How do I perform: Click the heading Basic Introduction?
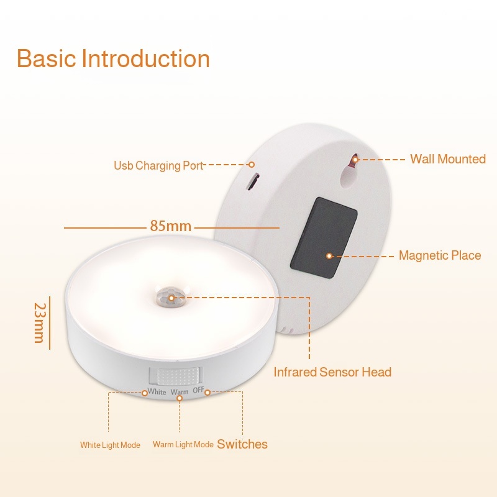click(113, 59)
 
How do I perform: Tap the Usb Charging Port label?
click(158, 166)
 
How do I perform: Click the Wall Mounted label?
click(447, 159)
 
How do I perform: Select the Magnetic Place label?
click(440, 255)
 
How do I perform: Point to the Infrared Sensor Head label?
click(332, 372)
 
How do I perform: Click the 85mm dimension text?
click(170, 226)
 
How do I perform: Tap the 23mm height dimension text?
click(40, 322)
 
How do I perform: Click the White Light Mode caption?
click(110, 445)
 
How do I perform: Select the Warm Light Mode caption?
click(183, 444)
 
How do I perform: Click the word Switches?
click(242, 444)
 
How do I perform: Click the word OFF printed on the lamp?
click(198, 390)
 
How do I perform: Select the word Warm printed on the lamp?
click(180, 392)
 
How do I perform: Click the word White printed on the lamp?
click(157, 392)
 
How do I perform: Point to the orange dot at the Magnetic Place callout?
click(329, 255)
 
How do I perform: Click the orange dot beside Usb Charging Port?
click(252, 165)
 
